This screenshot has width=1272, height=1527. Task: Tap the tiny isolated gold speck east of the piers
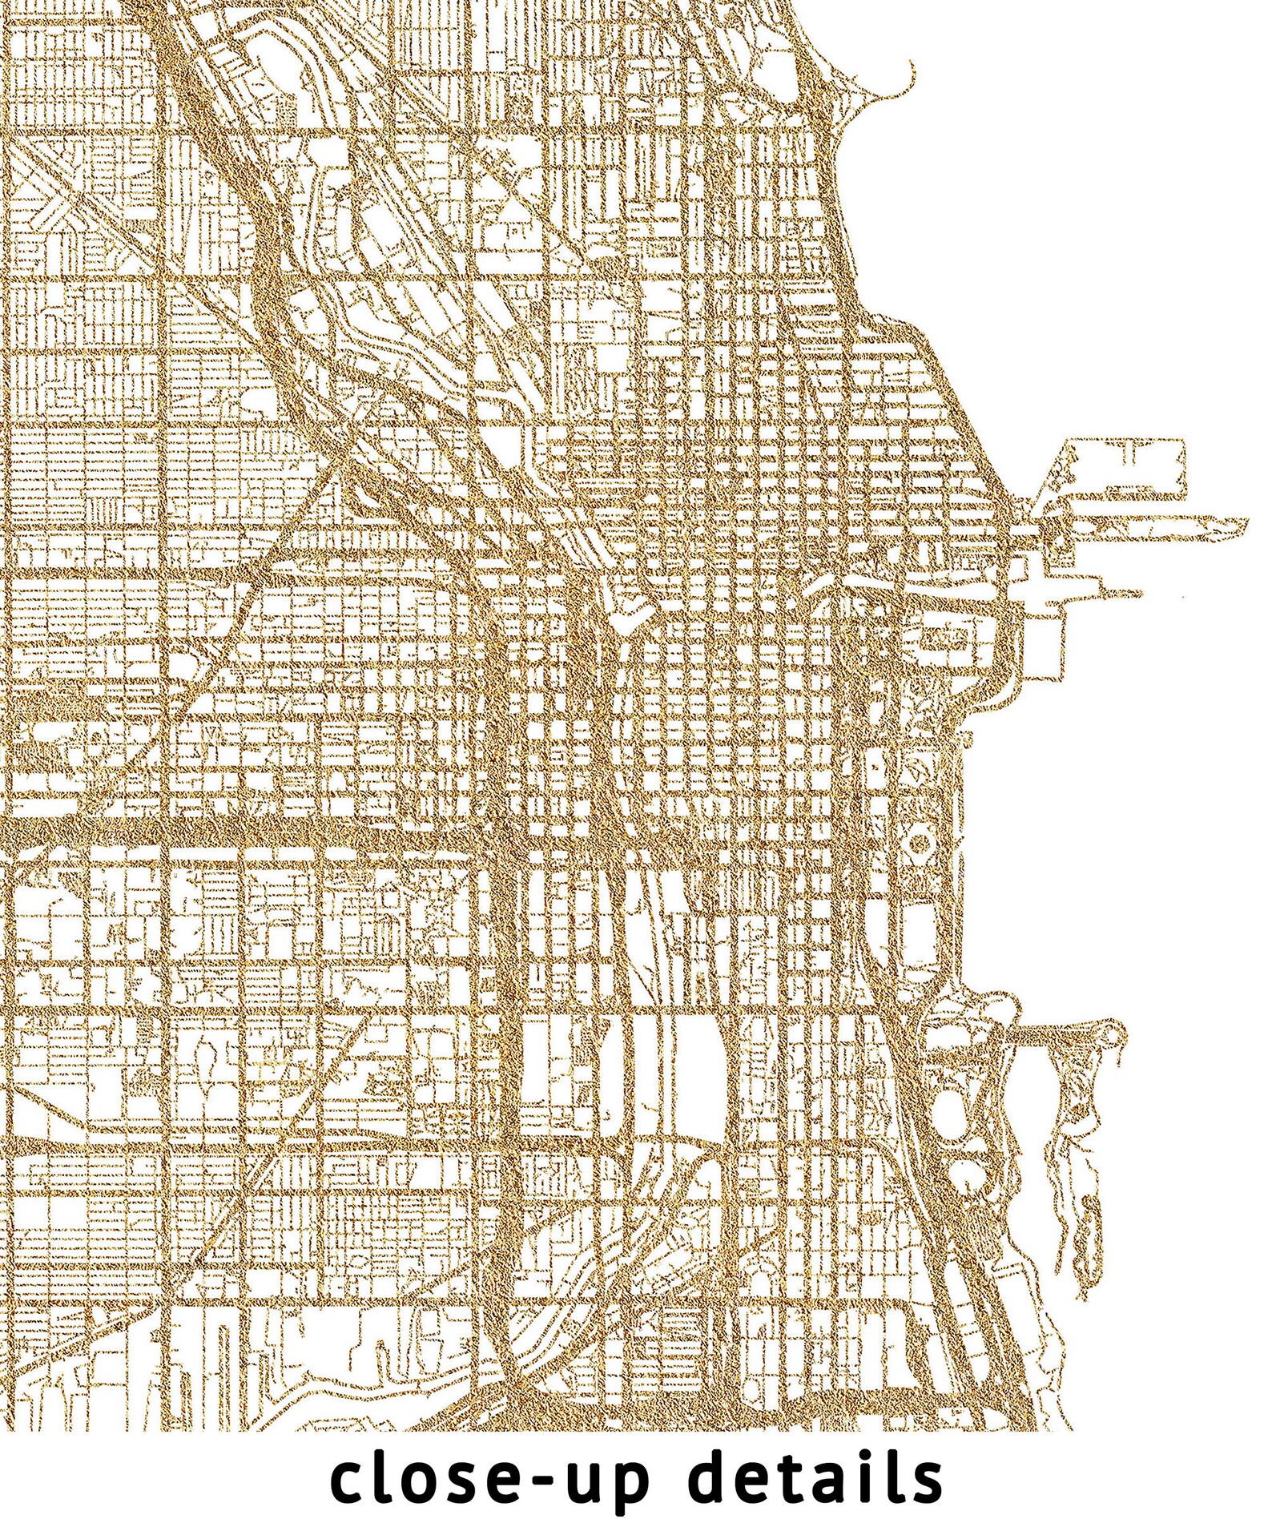pyautogui.click(x=1181, y=598)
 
